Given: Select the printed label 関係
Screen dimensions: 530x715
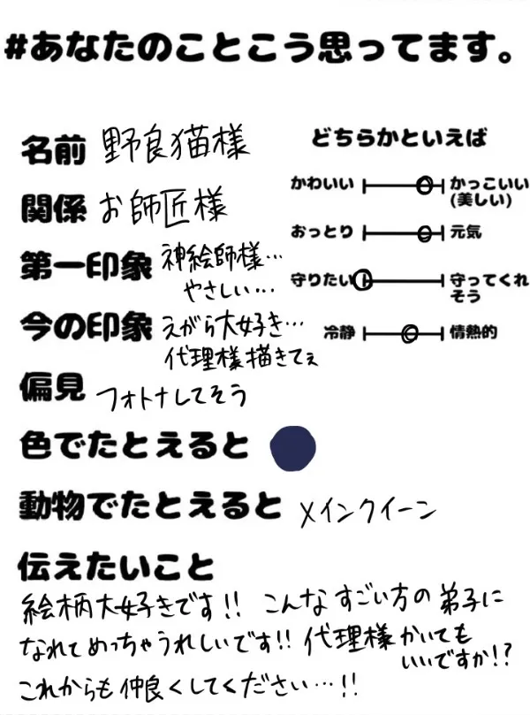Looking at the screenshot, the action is (54, 209).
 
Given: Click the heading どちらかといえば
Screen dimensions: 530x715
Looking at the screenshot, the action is (398, 138).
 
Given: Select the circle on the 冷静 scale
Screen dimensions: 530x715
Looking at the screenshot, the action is (409, 334).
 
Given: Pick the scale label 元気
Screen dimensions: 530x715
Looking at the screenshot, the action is (465, 233).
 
